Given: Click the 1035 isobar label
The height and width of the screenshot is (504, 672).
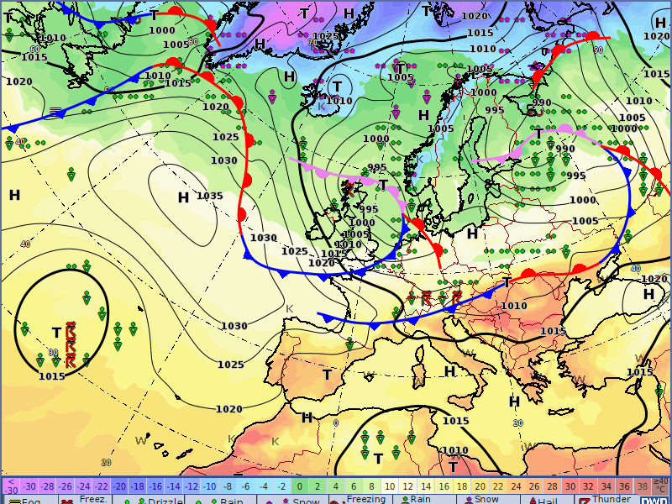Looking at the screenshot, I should coord(209,197).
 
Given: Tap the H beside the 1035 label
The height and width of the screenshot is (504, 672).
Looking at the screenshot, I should coord(183,197).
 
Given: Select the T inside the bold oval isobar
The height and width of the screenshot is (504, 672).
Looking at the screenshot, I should coord(56,333).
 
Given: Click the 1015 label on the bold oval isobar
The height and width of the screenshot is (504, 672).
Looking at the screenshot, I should coord(51,375).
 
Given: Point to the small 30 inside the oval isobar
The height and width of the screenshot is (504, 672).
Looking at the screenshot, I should coord(53,353).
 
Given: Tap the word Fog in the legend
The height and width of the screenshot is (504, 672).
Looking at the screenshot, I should coord(31,501).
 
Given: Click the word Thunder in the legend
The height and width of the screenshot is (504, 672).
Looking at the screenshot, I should coord(612,499).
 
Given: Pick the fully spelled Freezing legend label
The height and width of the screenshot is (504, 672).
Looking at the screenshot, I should coord(366,499).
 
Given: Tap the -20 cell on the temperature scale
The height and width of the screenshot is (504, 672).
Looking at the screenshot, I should coord(119,486).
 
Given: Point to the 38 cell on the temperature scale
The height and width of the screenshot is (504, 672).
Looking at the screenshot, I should coord(642,486).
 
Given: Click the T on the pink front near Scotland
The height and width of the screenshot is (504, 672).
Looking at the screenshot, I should coord(383,184).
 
